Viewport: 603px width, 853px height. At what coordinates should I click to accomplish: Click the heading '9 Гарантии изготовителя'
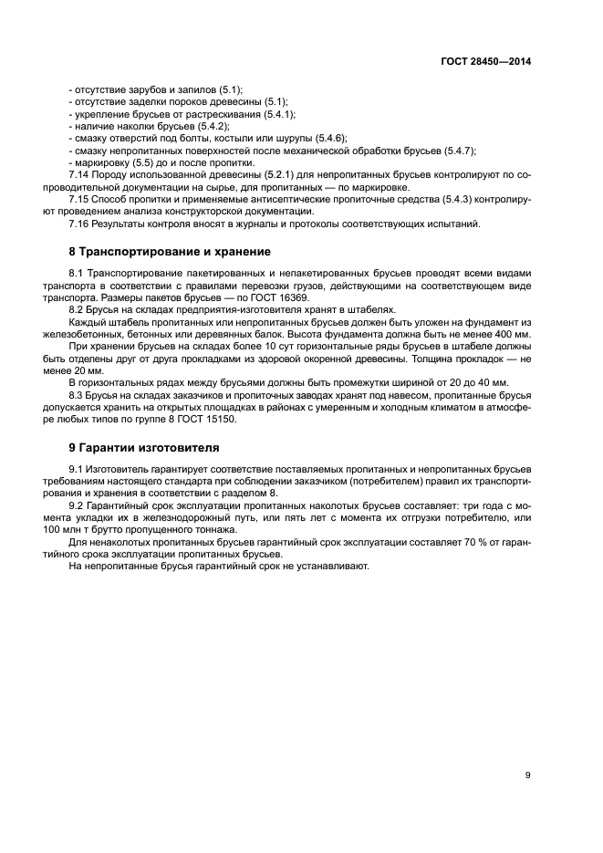coord(143,448)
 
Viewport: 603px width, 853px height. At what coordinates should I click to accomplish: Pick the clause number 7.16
coord(79,223)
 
